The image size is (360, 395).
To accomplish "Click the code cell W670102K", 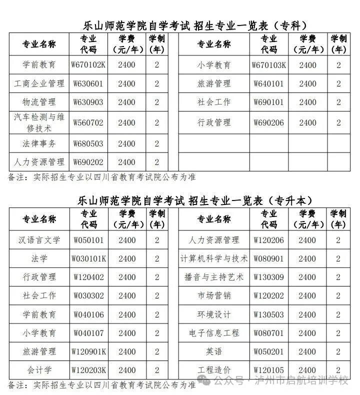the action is click(88, 65).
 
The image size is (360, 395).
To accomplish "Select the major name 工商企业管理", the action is click(39, 83).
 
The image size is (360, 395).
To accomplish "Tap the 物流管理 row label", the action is click(39, 102).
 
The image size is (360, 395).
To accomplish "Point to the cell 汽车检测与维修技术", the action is click(39, 122).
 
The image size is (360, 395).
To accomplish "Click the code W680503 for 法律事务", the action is click(88, 144).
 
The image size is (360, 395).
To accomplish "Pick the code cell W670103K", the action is click(269, 65).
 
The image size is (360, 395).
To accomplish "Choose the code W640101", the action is click(269, 83).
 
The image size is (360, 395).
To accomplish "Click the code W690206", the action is click(269, 122).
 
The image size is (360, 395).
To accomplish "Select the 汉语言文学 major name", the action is click(39, 240).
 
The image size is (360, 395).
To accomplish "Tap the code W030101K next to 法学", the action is click(88, 259).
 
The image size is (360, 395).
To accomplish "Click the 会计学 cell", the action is click(39, 370).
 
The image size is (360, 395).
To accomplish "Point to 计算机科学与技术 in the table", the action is click(214, 259).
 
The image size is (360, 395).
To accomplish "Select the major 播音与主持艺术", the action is click(214, 277).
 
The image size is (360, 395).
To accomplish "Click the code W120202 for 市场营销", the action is click(269, 296).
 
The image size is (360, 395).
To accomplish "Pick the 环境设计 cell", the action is click(214, 314).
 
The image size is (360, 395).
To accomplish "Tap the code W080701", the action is click(269, 333).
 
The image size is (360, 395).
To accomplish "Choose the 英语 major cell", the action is click(214, 351).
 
